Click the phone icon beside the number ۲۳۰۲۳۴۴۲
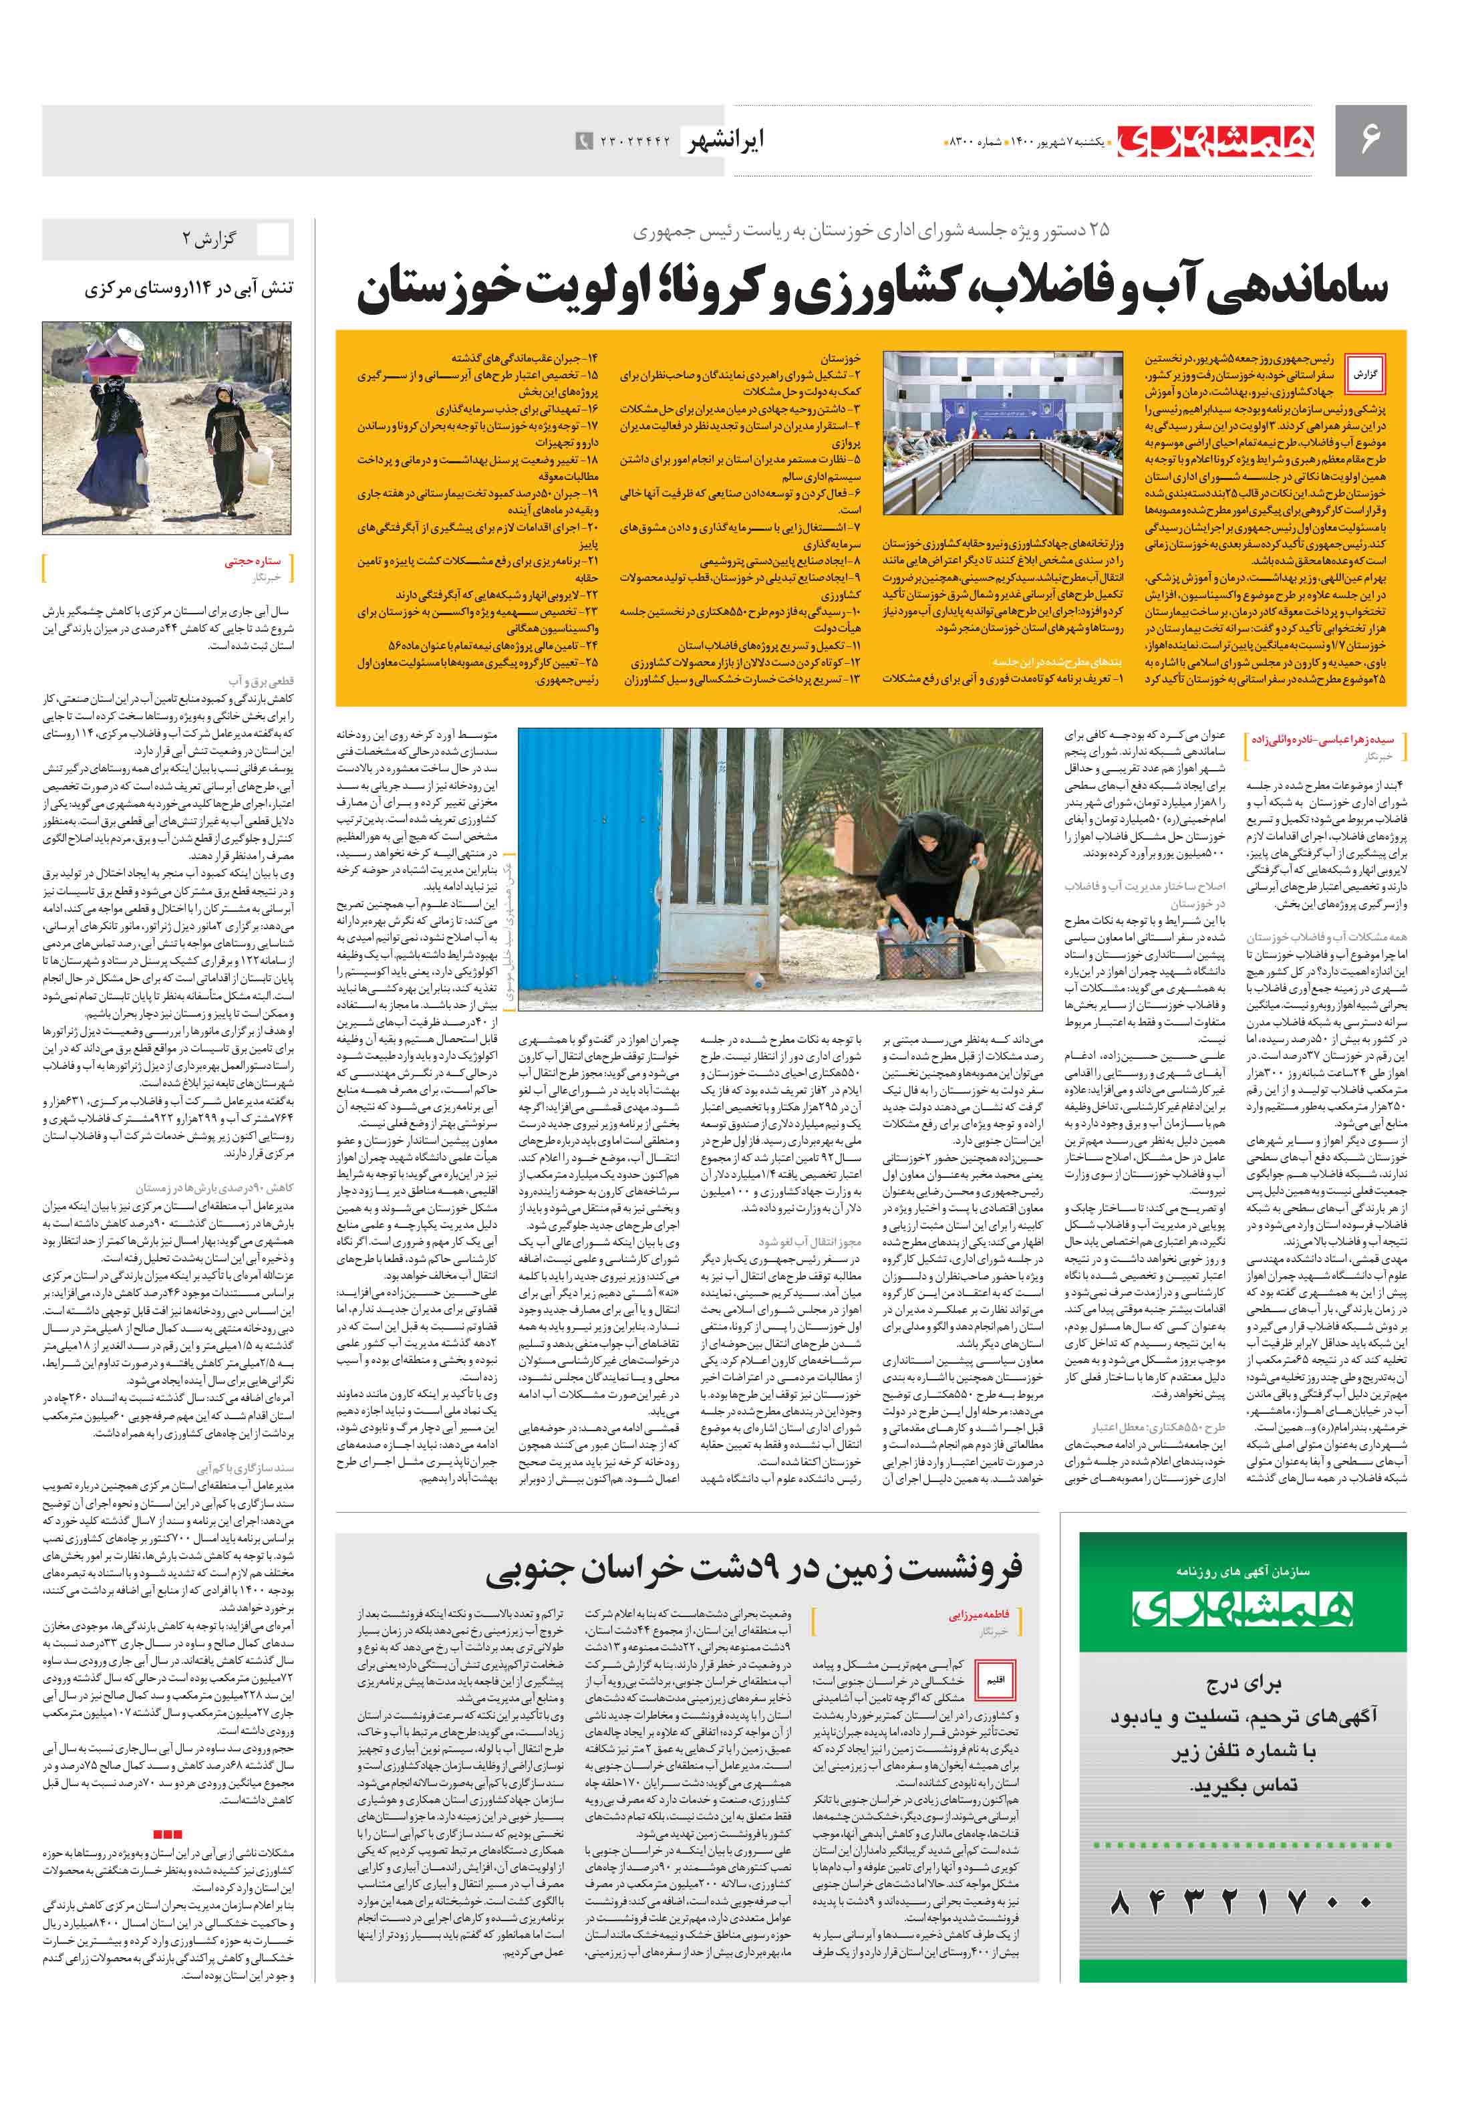pyautogui.click(x=583, y=141)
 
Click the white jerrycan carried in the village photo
pyautogui.click(x=258, y=468)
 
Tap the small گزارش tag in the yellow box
pyautogui.click(x=1365, y=374)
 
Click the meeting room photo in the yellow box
pyautogui.click(x=1002, y=432)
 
